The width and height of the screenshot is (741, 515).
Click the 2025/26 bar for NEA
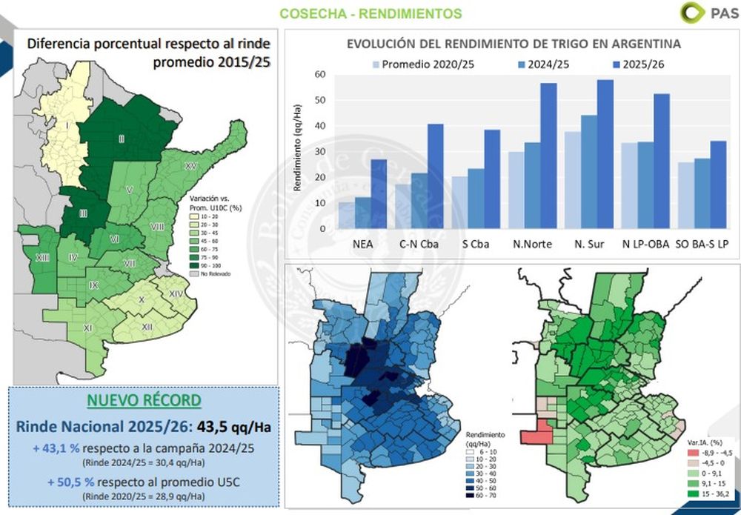click(379, 194)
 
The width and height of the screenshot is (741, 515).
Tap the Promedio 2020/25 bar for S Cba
click(460, 202)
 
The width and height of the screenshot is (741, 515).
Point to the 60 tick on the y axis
click(321, 74)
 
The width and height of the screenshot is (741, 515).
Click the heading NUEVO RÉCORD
click(144, 401)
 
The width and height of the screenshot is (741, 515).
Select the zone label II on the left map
click(120, 139)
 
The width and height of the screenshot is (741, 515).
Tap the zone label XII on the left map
click(147, 326)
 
